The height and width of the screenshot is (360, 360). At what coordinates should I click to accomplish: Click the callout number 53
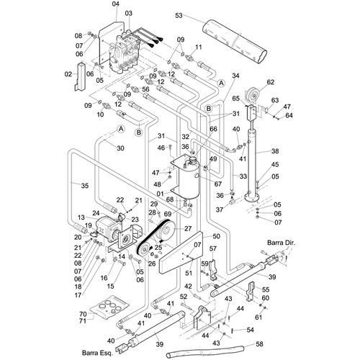click(x=179, y=16)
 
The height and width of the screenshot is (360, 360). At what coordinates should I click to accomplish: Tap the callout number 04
click(x=115, y=4)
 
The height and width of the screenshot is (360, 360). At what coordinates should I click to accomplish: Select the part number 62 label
click(x=271, y=82)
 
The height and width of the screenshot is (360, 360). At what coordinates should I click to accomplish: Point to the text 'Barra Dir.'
click(x=282, y=243)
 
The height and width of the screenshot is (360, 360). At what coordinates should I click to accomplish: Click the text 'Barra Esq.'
click(x=97, y=353)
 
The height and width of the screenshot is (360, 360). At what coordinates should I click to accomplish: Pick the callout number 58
click(x=259, y=344)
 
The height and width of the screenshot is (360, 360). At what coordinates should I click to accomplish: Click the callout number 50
click(x=217, y=236)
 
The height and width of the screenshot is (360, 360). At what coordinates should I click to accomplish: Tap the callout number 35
click(x=85, y=186)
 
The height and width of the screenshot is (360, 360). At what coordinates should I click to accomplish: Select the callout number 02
click(x=68, y=74)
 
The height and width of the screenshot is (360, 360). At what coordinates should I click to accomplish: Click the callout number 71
click(x=83, y=320)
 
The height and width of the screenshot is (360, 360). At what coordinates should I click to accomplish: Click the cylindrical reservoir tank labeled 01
click(x=189, y=178)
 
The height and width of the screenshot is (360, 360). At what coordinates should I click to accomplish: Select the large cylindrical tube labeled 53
click(x=235, y=42)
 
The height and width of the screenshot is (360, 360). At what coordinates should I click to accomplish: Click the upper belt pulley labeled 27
click(x=167, y=230)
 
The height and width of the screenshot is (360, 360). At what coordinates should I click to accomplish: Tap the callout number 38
click(x=275, y=151)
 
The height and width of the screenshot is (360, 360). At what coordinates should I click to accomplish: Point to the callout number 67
click(x=217, y=184)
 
